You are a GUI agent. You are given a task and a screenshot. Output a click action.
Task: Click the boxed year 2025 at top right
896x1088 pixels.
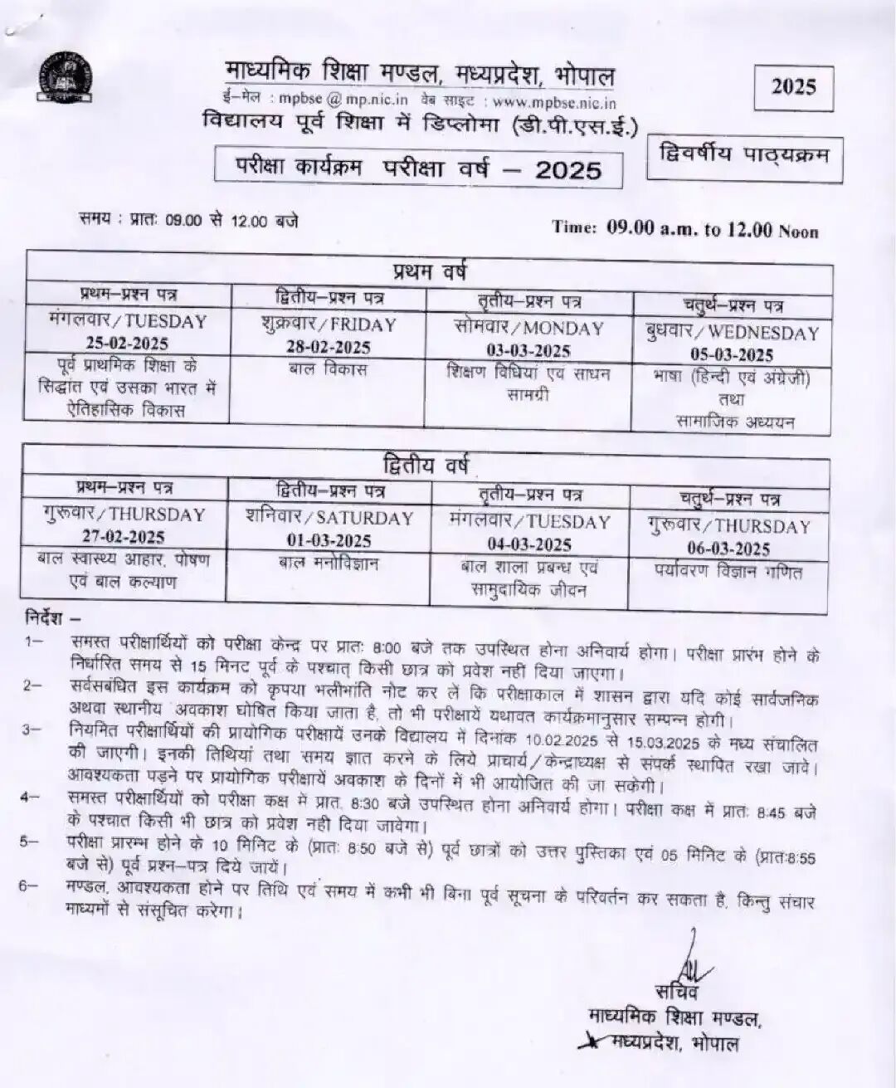click(x=794, y=86)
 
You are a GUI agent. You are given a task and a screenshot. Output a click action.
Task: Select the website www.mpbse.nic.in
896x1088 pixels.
click(x=555, y=103)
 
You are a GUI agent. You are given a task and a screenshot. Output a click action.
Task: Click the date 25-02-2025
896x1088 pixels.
click(x=127, y=343)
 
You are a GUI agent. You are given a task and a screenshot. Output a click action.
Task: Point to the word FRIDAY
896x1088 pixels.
click(x=362, y=324)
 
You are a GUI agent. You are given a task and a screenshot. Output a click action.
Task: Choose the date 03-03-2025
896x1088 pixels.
click(x=528, y=350)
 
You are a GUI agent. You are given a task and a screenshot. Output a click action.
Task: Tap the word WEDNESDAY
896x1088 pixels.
click(x=763, y=333)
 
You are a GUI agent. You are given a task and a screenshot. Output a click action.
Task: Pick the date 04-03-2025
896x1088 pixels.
click(x=529, y=544)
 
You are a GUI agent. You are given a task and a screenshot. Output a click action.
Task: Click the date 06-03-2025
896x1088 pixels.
click(x=728, y=549)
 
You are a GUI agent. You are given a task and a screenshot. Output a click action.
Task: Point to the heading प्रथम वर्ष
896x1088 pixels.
click(x=428, y=271)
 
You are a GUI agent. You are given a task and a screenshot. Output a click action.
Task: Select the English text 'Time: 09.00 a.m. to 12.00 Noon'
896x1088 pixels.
click(x=685, y=229)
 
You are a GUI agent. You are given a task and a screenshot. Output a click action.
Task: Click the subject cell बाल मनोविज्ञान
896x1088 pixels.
click(x=329, y=564)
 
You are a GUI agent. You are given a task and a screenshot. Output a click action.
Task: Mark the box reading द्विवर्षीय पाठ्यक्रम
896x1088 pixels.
click(x=744, y=154)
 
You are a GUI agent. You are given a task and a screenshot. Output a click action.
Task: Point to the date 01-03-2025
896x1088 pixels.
click(x=329, y=540)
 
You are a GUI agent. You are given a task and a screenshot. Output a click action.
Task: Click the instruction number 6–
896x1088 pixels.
click(x=29, y=886)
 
